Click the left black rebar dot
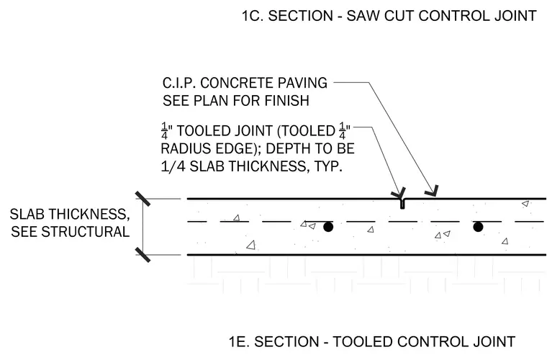tap(328, 227)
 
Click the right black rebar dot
tap(478, 227)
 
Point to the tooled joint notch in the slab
tap(402, 204)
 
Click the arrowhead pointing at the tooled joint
tap(399, 193)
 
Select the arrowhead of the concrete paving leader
tap(432, 191)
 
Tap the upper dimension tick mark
tap(143, 199)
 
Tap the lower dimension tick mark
tap(143, 255)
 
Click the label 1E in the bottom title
tap(239, 341)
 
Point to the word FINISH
tap(286, 101)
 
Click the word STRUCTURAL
tap(86, 232)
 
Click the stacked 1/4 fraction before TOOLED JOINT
tap(164, 131)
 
